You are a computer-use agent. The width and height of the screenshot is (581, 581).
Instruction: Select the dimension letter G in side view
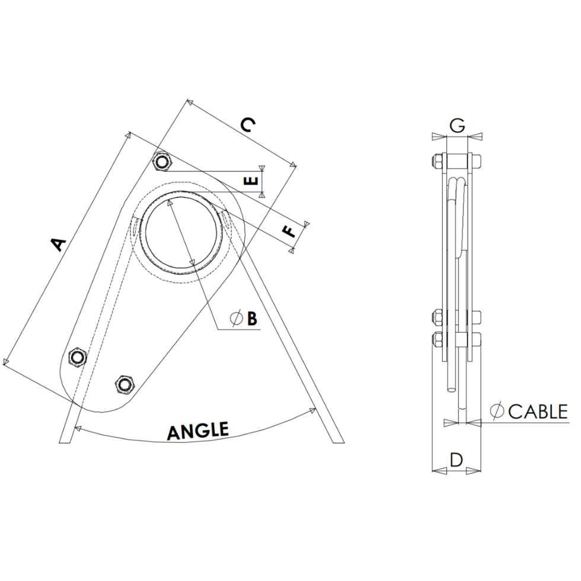click(457, 125)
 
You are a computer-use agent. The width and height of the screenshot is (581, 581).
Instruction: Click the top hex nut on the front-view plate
click(162, 161)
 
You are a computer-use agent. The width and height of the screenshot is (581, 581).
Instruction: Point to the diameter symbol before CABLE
click(497, 411)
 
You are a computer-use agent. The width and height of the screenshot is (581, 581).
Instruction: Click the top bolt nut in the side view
click(435, 161)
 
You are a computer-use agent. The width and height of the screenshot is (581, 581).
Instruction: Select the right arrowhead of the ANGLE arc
click(312, 411)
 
